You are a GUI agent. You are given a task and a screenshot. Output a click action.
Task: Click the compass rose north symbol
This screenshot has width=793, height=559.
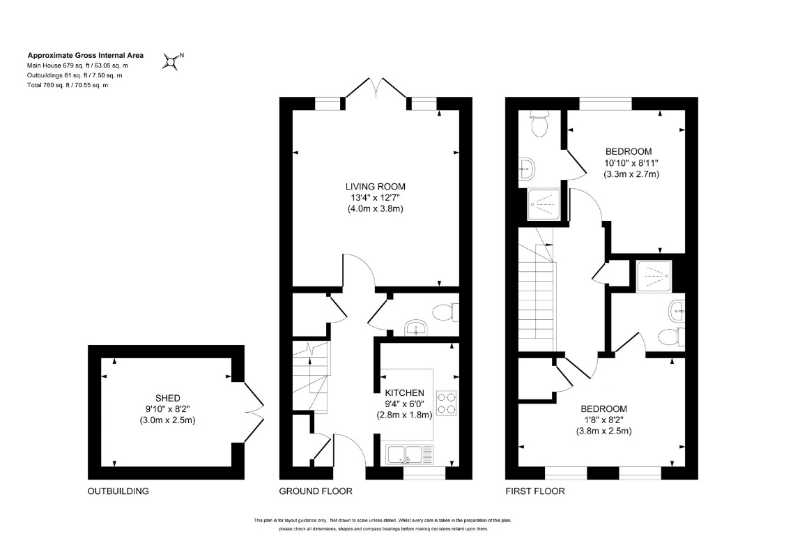point(172,61)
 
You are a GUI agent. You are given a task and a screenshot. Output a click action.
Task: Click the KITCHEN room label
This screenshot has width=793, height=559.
point(405,392)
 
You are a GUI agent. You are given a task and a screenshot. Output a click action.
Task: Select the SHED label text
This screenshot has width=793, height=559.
point(167,398)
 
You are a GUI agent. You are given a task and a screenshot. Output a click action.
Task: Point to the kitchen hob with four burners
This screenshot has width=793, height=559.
point(447,404)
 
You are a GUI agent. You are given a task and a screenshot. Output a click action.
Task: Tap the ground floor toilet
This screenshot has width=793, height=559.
point(446,312)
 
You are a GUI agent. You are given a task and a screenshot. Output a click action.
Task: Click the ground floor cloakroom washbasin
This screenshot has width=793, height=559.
point(416,328)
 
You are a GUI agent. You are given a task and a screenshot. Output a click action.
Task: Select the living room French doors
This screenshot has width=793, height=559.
point(376,88)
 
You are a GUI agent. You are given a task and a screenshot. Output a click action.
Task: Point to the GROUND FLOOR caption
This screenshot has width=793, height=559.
point(316,491)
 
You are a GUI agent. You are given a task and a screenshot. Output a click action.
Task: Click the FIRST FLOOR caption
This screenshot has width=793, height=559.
point(535,491)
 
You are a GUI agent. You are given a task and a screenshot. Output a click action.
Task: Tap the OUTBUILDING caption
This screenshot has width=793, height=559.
point(118,491)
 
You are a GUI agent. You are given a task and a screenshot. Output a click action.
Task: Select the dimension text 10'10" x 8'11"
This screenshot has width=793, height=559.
point(631,163)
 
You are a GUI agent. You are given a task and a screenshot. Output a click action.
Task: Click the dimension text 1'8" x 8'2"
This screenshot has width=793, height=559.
point(603,420)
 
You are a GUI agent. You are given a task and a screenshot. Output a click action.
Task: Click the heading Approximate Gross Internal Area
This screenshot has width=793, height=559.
point(86,56)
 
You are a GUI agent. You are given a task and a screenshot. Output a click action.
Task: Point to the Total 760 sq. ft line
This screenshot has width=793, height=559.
point(68,85)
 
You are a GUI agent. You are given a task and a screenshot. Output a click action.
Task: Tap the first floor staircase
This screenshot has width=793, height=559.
point(537,289)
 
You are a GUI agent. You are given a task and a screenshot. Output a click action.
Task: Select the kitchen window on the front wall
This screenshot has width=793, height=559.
point(424,473)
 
